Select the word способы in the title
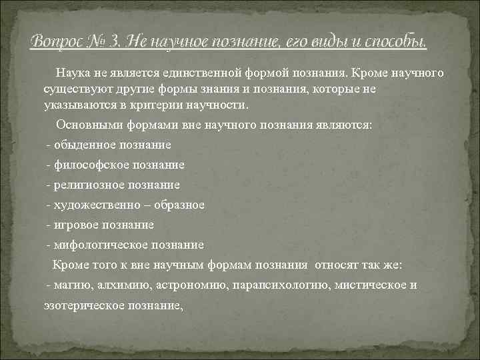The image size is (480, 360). pyautogui.click(x=395, y=42)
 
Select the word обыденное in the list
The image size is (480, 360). pyautogui.click(x=86, y=145)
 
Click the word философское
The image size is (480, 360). pyautogui.click(x=90, y=165)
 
